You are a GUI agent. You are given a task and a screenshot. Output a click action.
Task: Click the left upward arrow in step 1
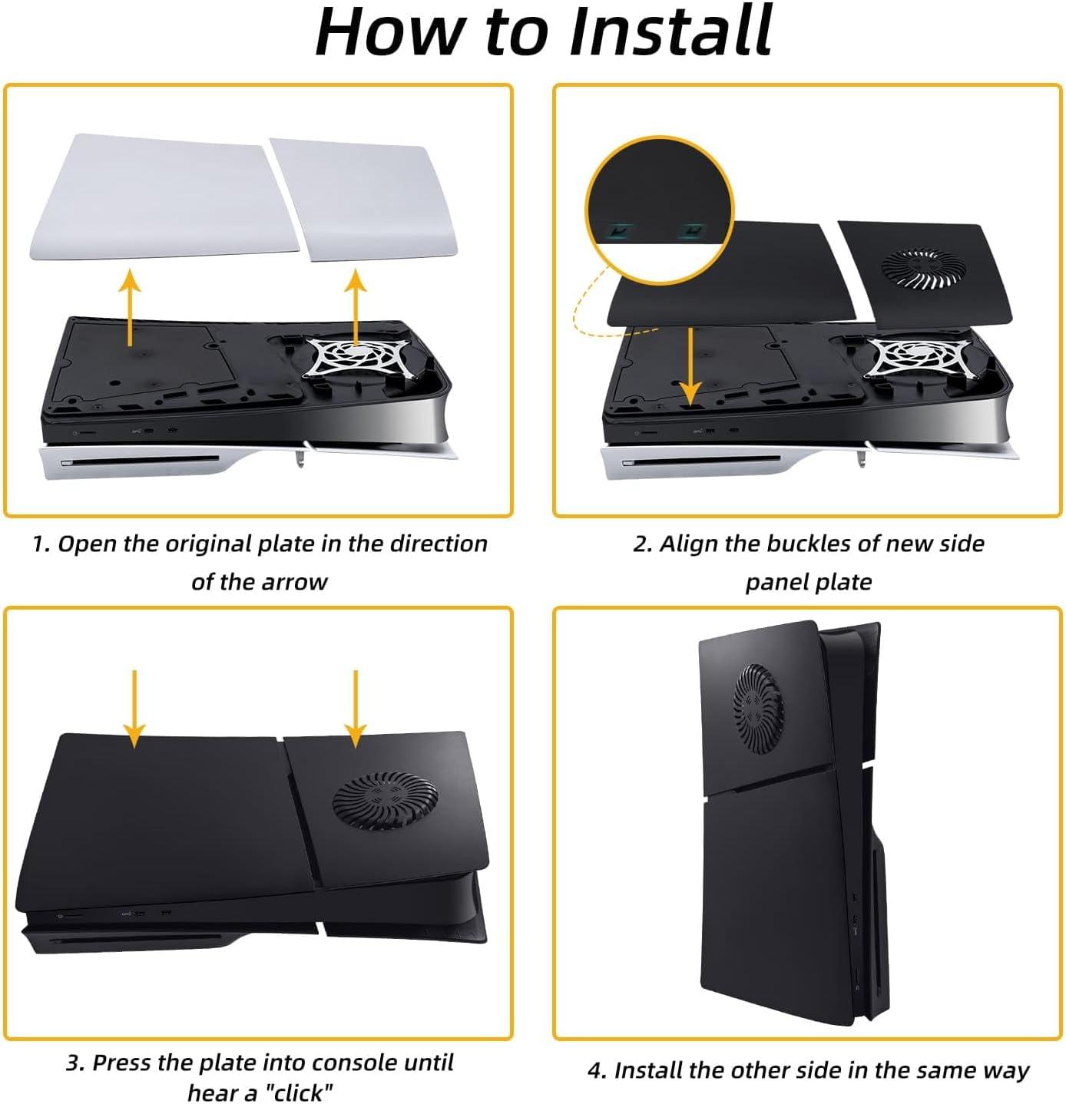(x=131, y=307)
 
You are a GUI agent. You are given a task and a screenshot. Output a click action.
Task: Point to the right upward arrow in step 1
(x=356, y=307)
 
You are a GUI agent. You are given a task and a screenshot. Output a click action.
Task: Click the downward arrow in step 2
(x=690, y=366)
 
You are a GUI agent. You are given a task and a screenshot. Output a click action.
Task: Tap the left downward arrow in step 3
(x=134, y=709)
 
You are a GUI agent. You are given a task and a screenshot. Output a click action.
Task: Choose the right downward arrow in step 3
(x=356, y=709)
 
